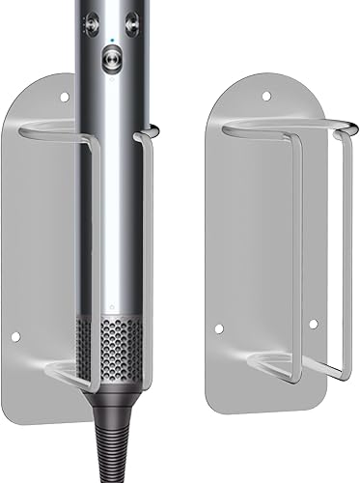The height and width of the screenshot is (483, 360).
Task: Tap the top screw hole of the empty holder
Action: (267, 94)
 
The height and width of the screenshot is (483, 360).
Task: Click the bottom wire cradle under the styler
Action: (72, 369)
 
